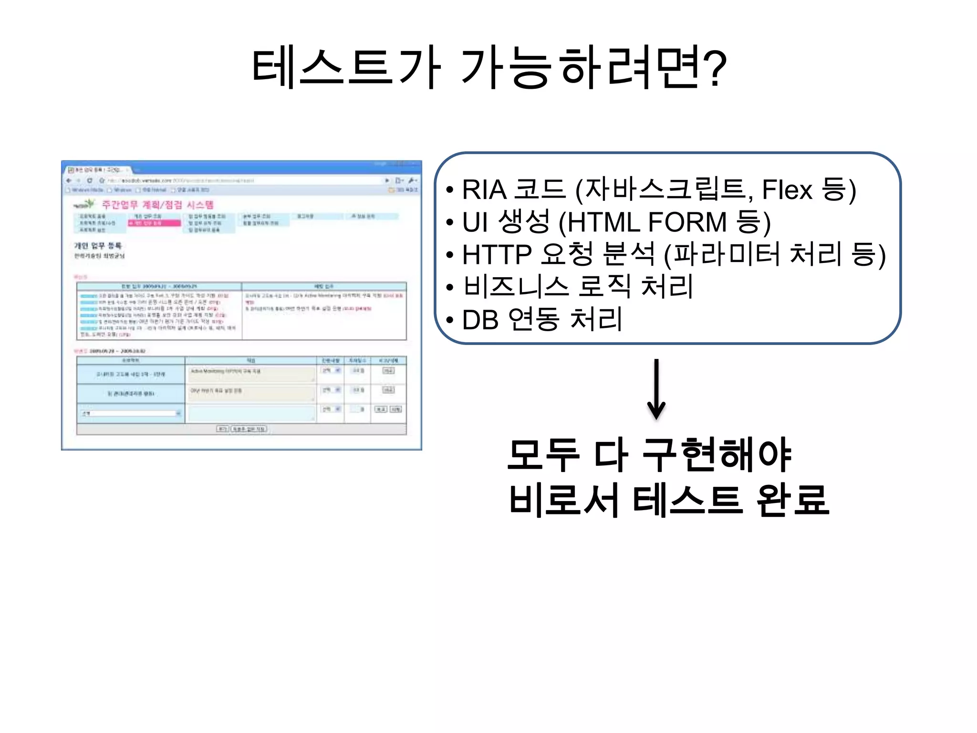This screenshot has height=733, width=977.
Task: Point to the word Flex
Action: click(787, 189)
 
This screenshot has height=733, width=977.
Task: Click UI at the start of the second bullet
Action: click(475, 222)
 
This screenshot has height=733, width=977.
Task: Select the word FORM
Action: click(687, 222)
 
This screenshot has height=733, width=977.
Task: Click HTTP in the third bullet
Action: click(497, 254)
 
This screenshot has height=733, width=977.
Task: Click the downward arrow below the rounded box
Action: click(656, 389)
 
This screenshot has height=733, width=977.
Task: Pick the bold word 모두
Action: click(543, 455)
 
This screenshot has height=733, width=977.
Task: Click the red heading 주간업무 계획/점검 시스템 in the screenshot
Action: click(158, 205)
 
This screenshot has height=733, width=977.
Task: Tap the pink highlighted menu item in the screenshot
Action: click(154, 223)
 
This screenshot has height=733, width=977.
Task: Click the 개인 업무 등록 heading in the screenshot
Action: click(98, 246)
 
